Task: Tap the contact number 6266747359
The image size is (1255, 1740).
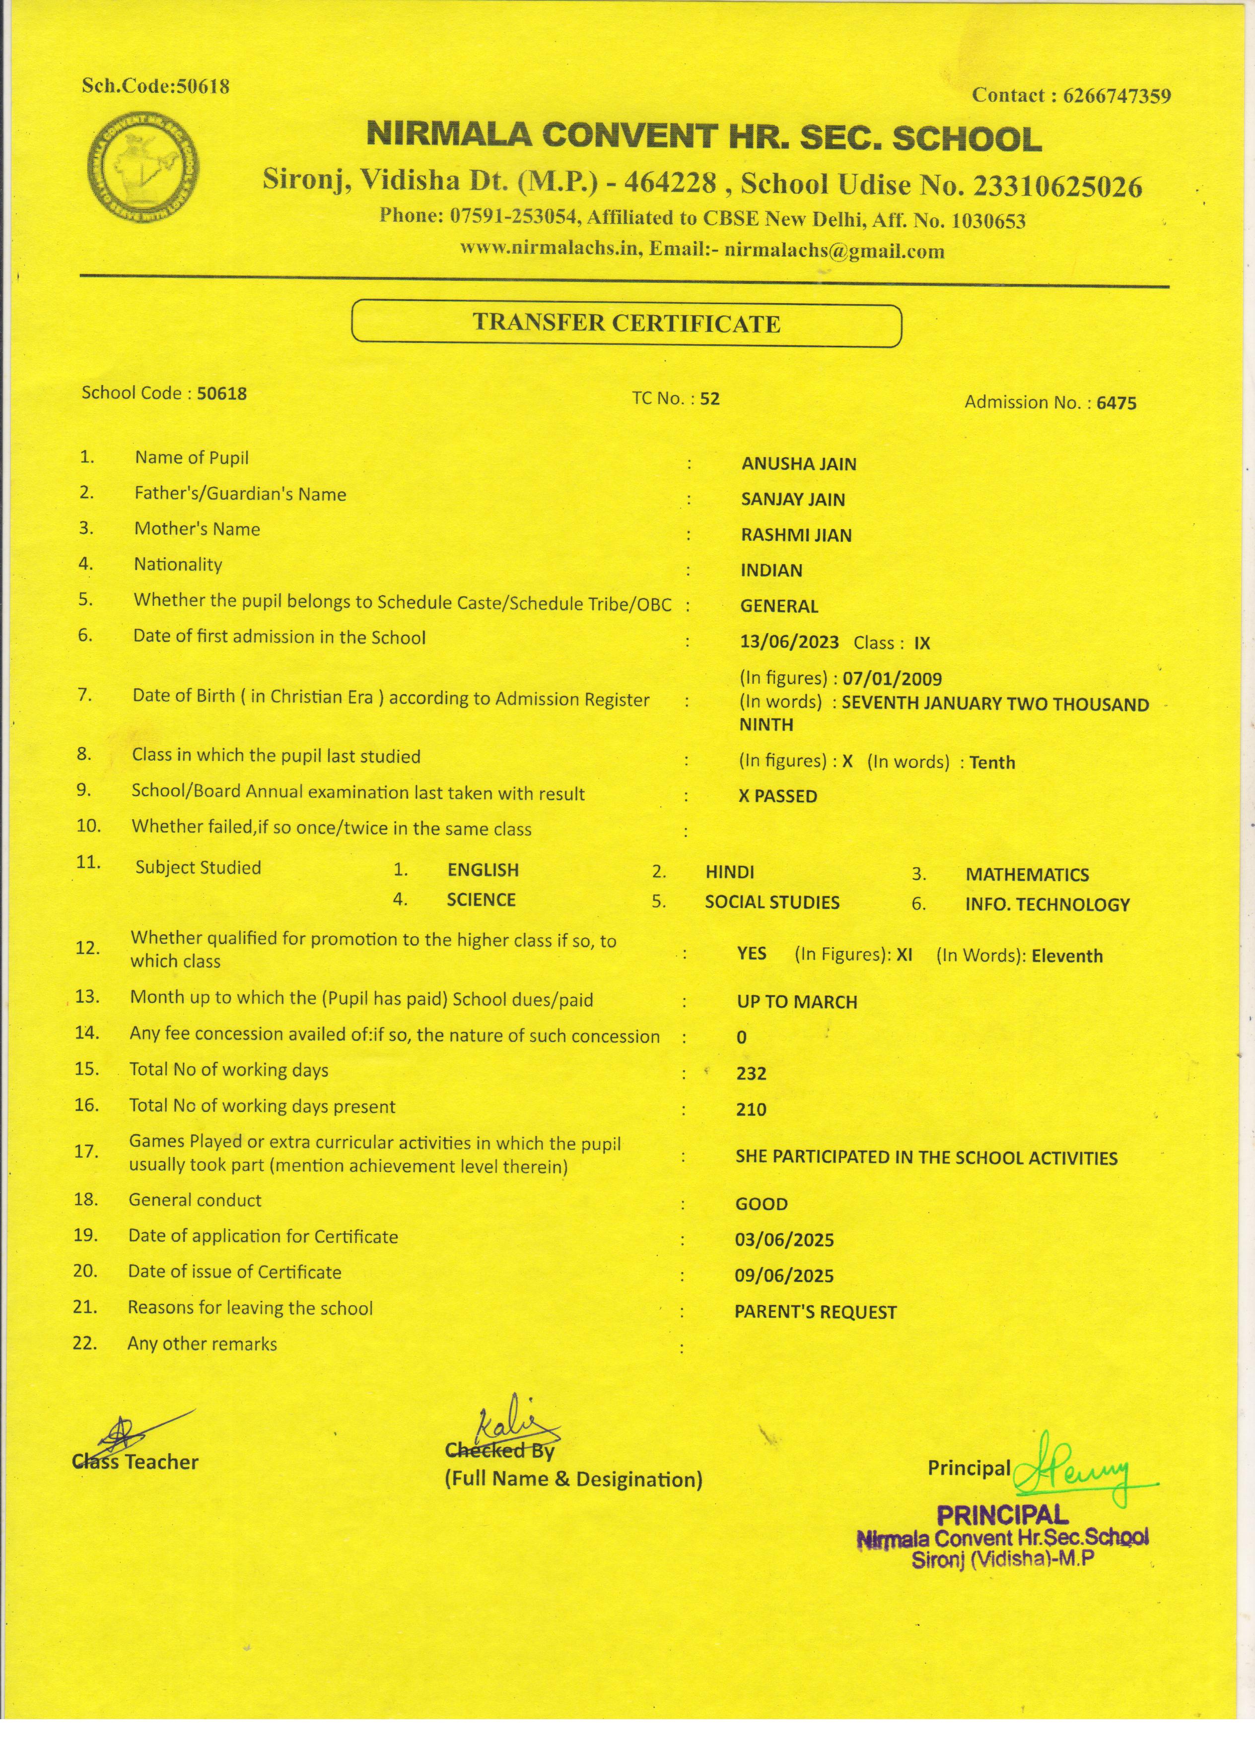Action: [x=1117, y=96]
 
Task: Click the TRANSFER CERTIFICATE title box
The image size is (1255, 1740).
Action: [x=627, y=324]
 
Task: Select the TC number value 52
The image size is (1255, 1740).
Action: [x=710, y=398]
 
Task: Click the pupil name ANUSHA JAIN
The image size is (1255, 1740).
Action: [x=798, y=463]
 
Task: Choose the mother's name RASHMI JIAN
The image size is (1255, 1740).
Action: [x=796, y=535]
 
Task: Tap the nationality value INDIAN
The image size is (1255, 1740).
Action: [x=771, y=570]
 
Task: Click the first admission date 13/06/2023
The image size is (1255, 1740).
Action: [x=789, y=642]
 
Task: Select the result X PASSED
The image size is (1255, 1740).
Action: [x=777, y=796]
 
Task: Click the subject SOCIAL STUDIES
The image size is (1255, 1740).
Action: [x=772, y=902]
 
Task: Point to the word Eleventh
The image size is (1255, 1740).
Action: [x=1067, y=956]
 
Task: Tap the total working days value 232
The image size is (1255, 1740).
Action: [x=751, y=1073]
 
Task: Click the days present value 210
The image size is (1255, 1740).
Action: [x=751, y=1109]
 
